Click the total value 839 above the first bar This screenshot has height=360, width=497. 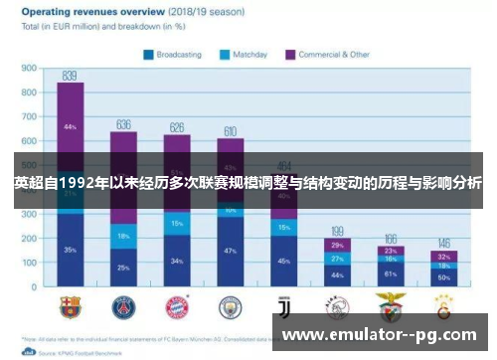pos(70,75)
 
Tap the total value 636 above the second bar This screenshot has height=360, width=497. pos(123,124)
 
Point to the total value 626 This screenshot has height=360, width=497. pos(177,127)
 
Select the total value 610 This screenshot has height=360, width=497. pos(230,131)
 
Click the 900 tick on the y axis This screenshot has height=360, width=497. pos(28,70)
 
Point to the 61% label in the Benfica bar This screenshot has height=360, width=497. pos(390,272)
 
